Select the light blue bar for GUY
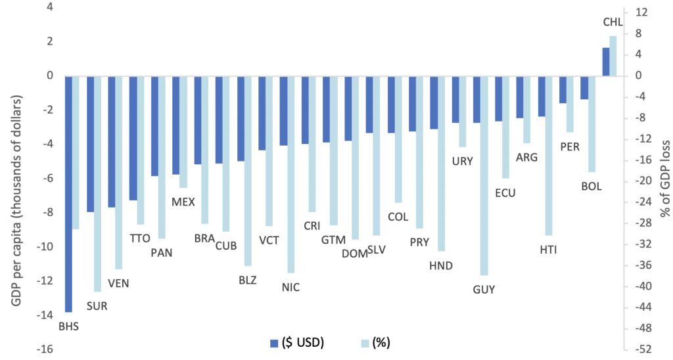click(x=484, y=175)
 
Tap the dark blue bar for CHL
click(x=606, y=62)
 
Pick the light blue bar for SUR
click(x=97, y=183)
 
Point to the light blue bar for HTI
click(x=548, y=156)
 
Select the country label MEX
click(x=183, y=202)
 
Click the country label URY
click(x=463, y=160)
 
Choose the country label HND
click(x=440, y=265)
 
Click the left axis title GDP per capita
click(x=16, y=177)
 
